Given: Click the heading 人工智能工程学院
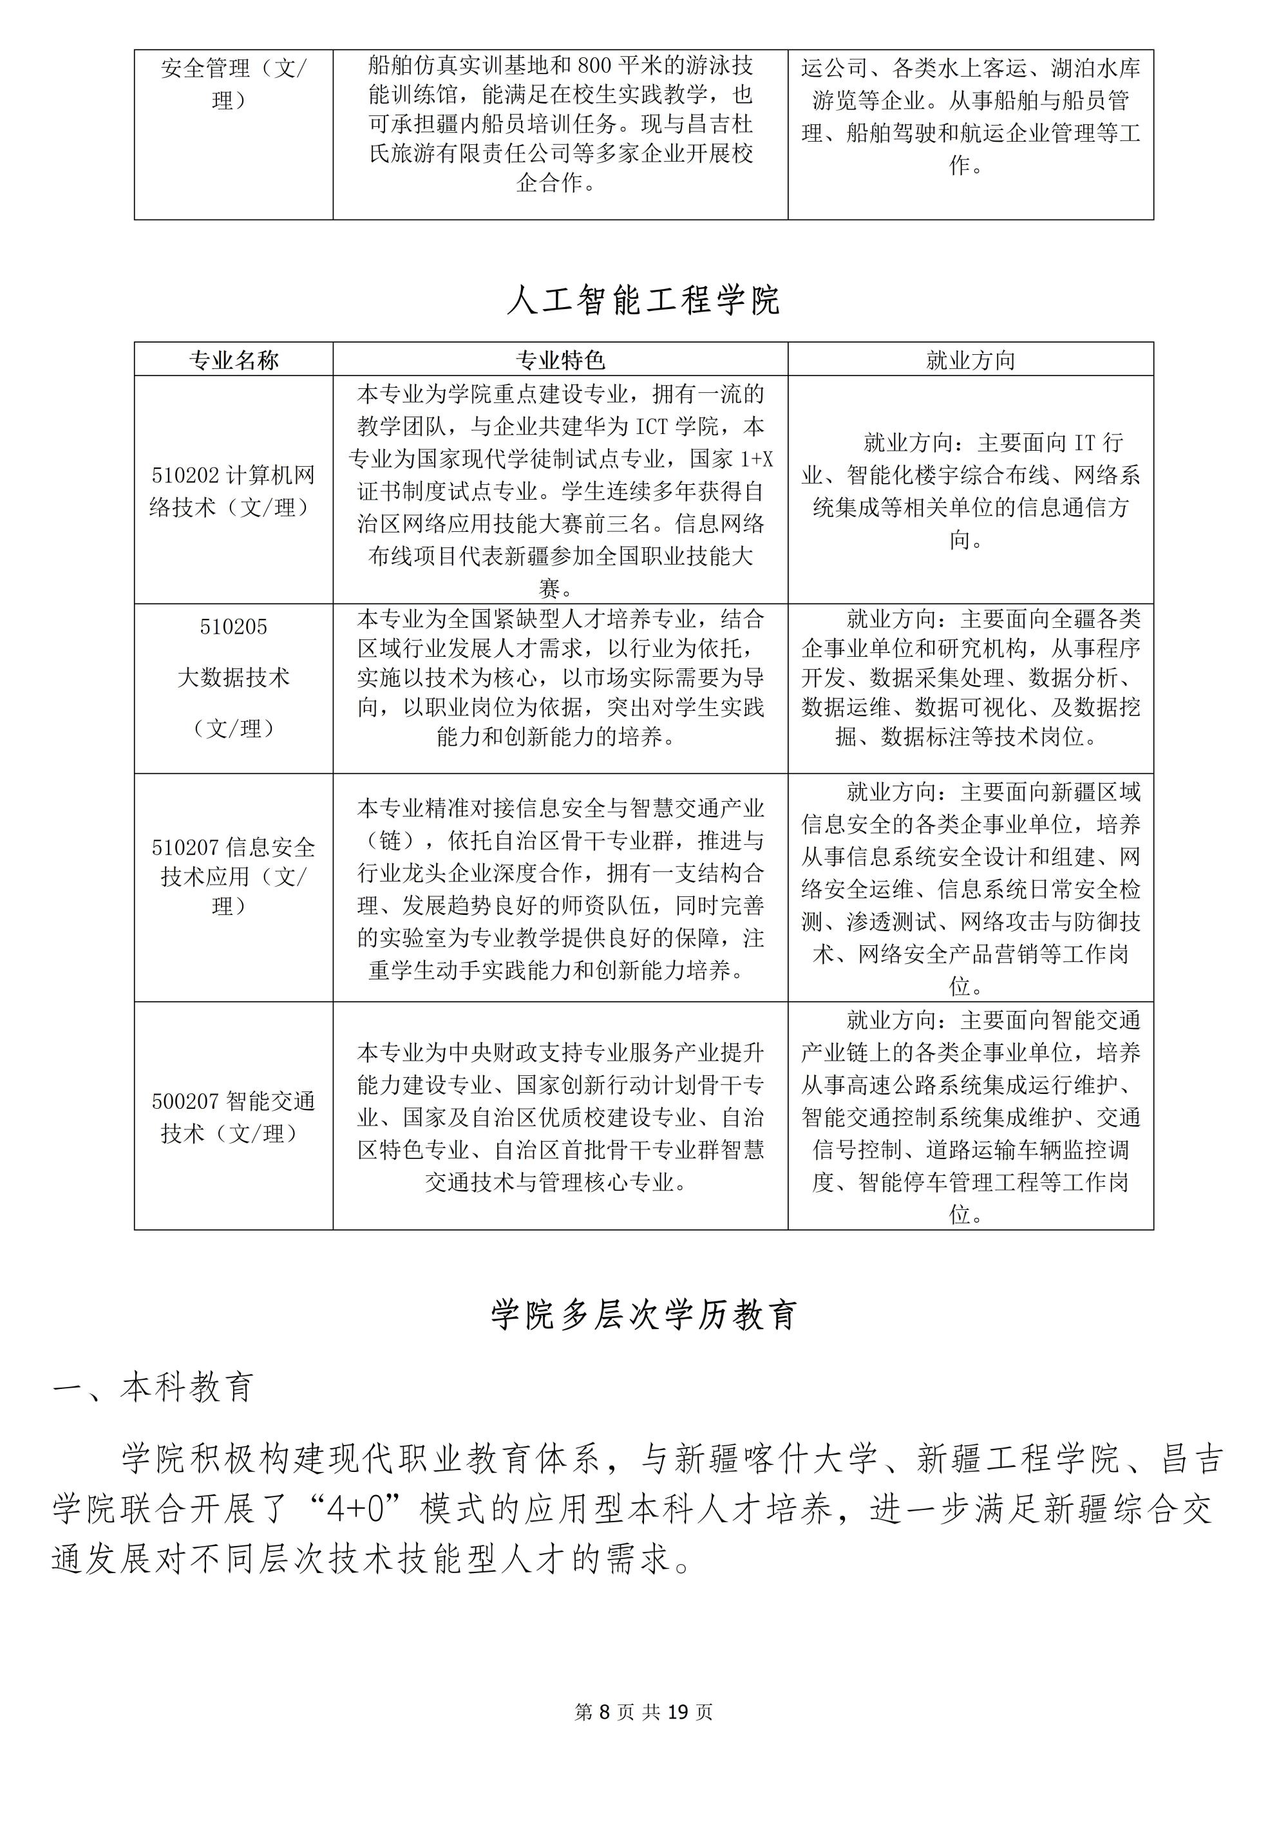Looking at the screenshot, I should (x=643, y=300).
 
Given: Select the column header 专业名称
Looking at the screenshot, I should (x=233, y=361).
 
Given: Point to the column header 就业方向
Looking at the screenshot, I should (x=970, y=361).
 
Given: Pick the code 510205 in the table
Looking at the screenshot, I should (x=233, y=627).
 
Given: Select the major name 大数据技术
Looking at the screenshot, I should (x=233, y=677).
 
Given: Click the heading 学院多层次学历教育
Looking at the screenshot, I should (x=643, y=1315).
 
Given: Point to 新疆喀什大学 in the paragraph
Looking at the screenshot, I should (x=775, y=1459).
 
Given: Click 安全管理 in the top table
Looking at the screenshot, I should (x=205, y=68).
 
